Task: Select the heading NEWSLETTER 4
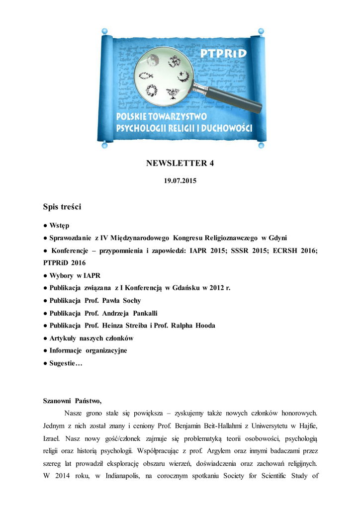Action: tap(180, 163)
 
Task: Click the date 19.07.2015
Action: tap(180, 181)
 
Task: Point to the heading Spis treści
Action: tap(62, 206)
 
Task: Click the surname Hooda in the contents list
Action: tap(204, 326)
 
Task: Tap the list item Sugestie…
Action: tap(66, 363)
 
